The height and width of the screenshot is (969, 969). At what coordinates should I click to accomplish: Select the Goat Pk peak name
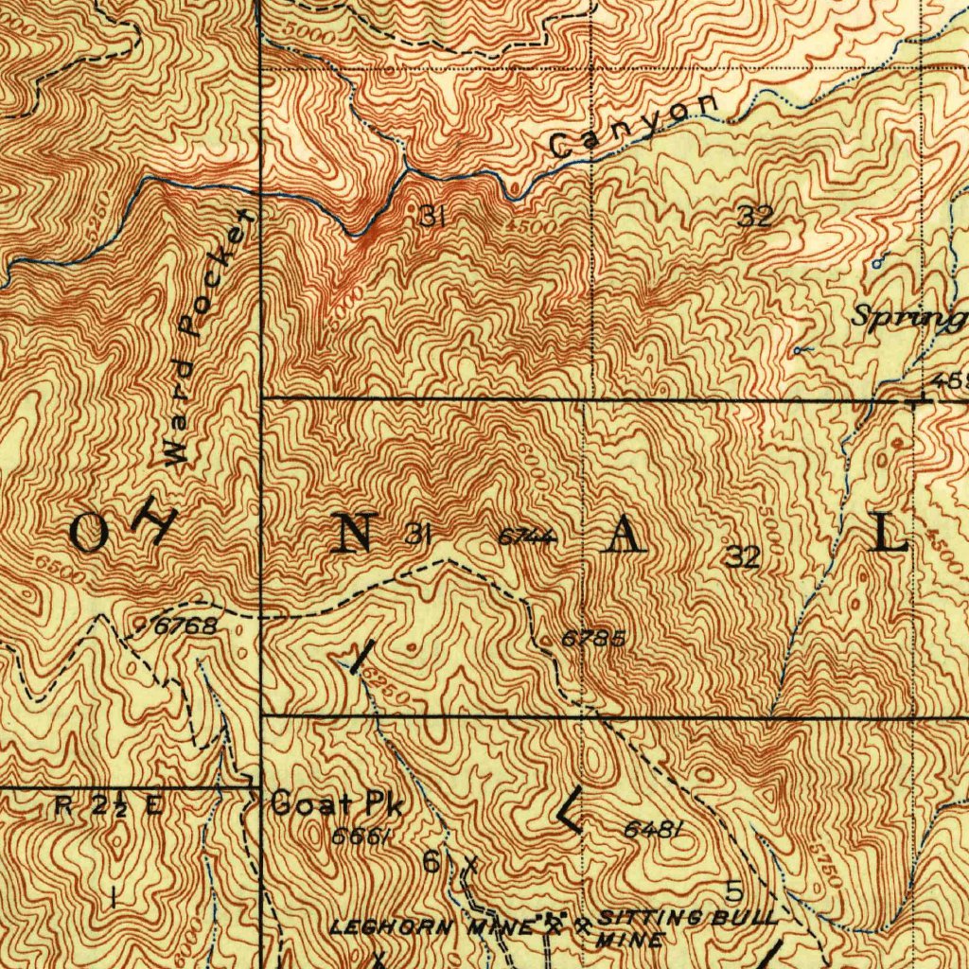[337, 804]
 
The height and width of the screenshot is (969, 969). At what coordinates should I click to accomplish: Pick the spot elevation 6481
[653, 830]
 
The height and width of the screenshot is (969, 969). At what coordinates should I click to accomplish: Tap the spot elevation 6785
[592, 638]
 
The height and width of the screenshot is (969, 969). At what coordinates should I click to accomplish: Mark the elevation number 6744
[525, 537]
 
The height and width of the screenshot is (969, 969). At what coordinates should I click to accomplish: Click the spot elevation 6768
[186, 625]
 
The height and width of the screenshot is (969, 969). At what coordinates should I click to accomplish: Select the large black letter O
[91, 535]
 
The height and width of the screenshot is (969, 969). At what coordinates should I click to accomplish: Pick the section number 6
[431, 862]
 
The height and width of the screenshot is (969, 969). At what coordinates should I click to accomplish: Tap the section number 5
[733, 890]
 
